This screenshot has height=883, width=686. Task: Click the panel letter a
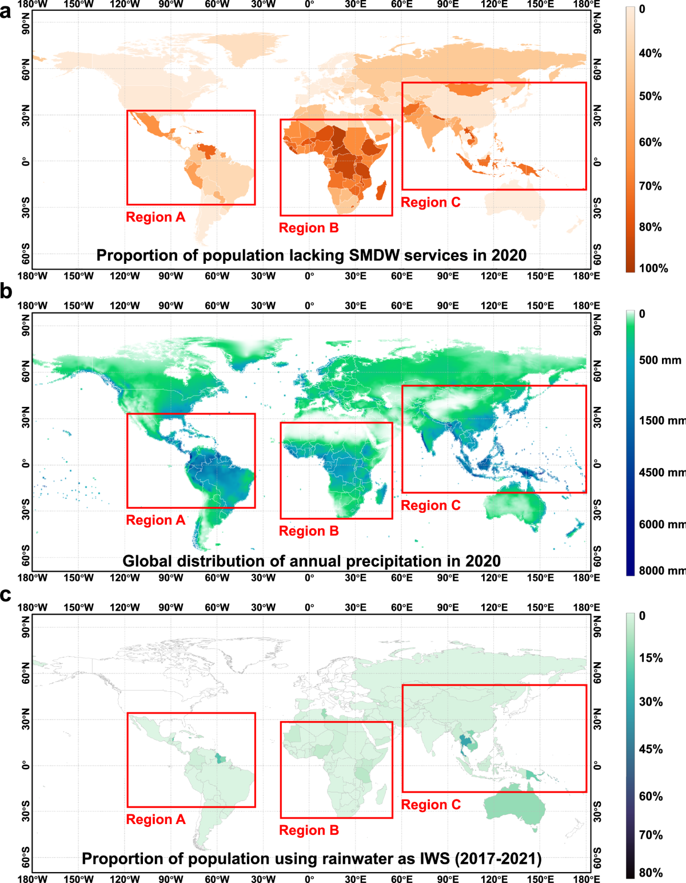click(x=6, y=11)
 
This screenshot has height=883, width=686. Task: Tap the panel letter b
click(x=6, y=291)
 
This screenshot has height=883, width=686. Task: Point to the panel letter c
click(x=6, y=595)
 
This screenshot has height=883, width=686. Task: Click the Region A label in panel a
click(x=155, y=217)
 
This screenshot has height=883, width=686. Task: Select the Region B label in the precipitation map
click(x=309, y=531)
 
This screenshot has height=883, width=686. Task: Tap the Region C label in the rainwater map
click(x=430, y=805)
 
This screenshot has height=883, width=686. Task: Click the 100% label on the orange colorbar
click(x=653, y=268)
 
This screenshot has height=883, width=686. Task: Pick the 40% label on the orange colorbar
click(x=650, y=53)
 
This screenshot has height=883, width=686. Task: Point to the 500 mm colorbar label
click(x=660, y=360)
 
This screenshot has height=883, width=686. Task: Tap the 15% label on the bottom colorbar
click(x=651, y=658)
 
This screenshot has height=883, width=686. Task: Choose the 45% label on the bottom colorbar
click(x=651, y=749)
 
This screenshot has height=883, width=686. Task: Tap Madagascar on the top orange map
click(x=381, y=191)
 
